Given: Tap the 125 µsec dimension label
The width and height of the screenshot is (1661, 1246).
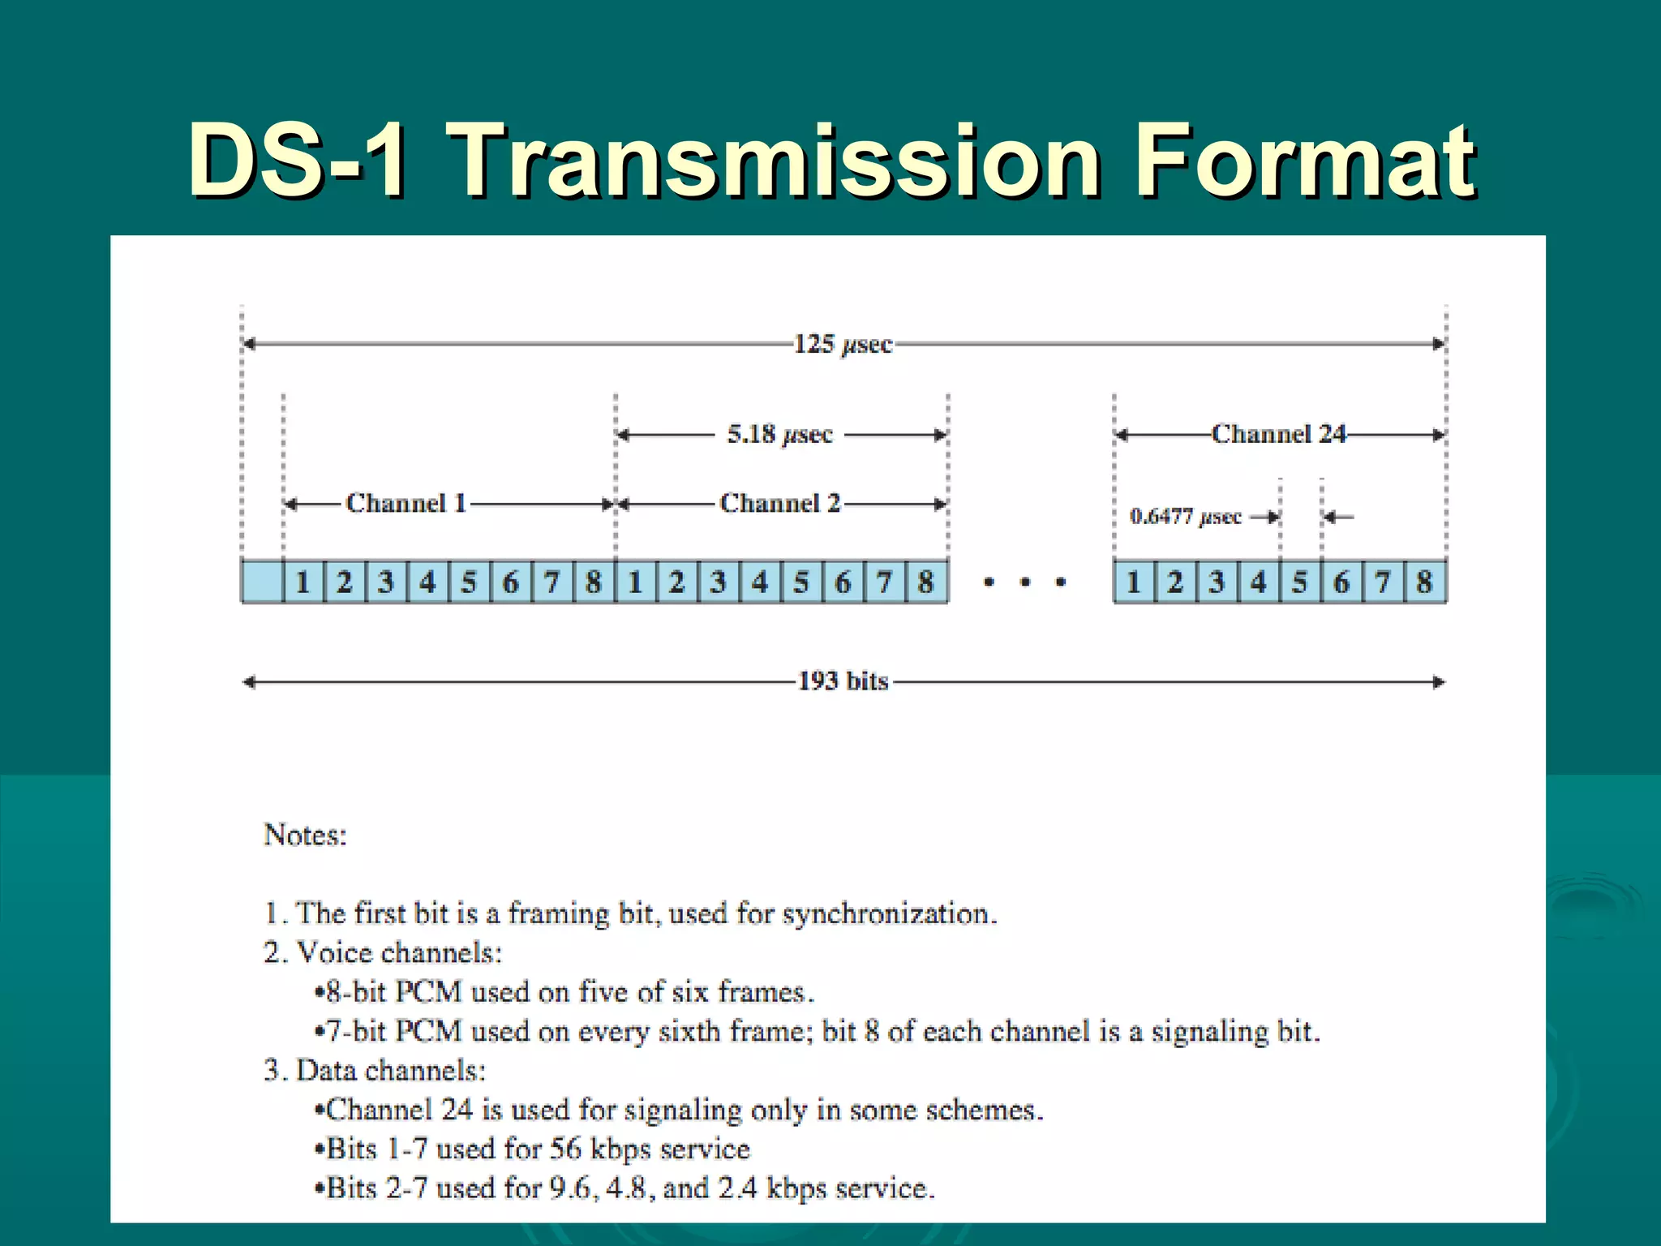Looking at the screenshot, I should tap(843, 344).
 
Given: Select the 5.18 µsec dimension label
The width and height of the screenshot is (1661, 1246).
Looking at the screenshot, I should tap(779, 435).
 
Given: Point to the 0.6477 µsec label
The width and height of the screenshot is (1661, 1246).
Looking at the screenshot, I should tap(1185, 517).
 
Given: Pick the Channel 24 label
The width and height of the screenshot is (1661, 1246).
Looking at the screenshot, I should tap(1278, 434).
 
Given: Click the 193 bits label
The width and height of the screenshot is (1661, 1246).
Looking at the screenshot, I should tap(843, 681).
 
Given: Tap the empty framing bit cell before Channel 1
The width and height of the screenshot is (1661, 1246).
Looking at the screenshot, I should tap(262, 582).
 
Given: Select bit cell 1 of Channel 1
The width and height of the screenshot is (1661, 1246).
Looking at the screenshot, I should tap(303, 582).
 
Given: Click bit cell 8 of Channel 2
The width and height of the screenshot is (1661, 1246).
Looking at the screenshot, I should tap(925, 582).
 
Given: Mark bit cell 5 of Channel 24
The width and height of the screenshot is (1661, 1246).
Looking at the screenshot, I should tap(1299, 582).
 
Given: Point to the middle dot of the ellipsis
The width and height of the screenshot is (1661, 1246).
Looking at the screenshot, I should tap(1025, 582).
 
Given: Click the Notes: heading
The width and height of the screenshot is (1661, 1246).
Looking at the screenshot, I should tap(305, 835).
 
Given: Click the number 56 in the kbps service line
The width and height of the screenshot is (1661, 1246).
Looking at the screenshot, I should tap(565, 1149).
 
